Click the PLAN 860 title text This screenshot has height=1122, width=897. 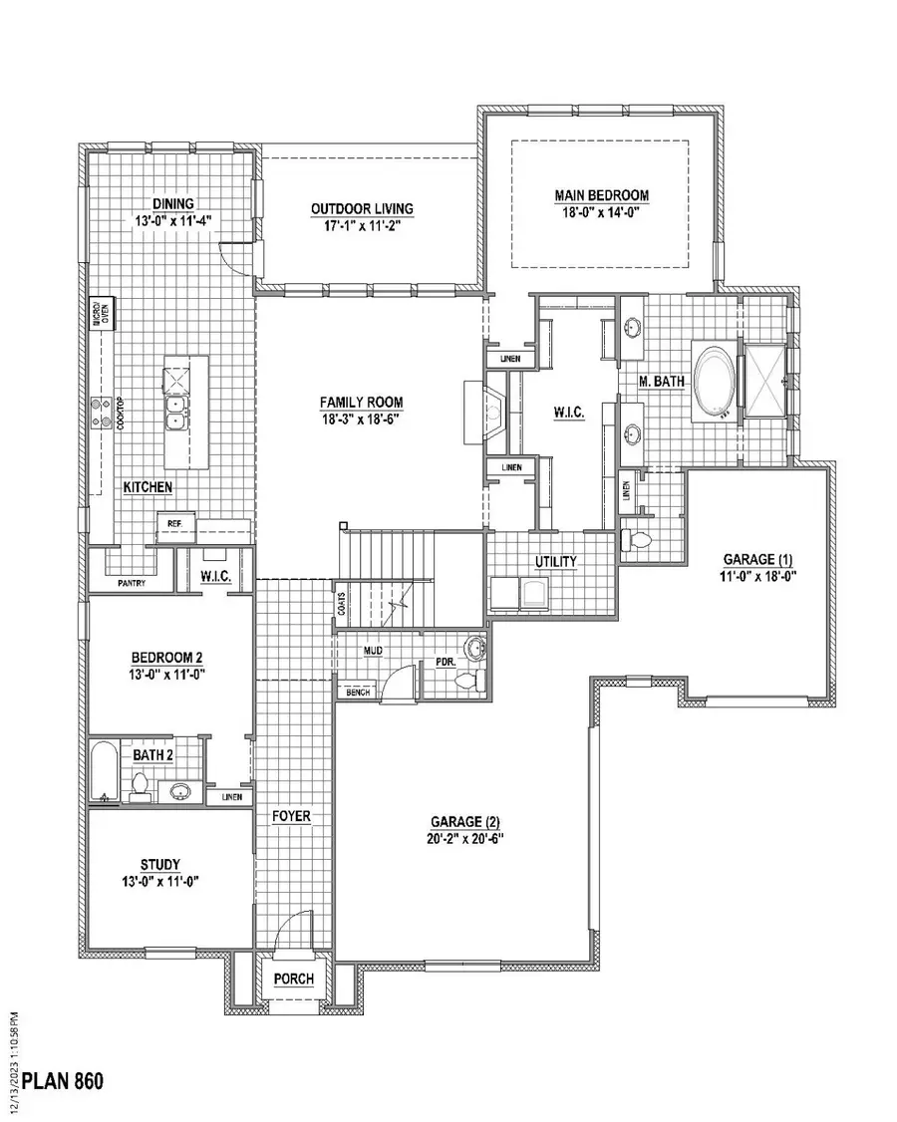click(63, 1080)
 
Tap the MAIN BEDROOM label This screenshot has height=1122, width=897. click(602, 195)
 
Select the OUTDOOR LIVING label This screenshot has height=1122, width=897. click(362, 208)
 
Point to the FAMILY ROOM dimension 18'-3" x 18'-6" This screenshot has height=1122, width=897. click(361, 419)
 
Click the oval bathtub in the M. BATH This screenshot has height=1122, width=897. click(713, 379)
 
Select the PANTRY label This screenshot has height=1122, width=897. click(132, 583)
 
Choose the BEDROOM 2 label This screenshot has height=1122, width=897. click(167, 658)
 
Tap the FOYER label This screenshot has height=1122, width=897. click(292, 817)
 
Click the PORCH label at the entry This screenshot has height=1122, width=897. click(294, 980)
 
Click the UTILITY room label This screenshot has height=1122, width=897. click(556, 562)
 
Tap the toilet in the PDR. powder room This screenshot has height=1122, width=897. click(467, 682)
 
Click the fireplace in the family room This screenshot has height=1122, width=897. click(483, 411)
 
